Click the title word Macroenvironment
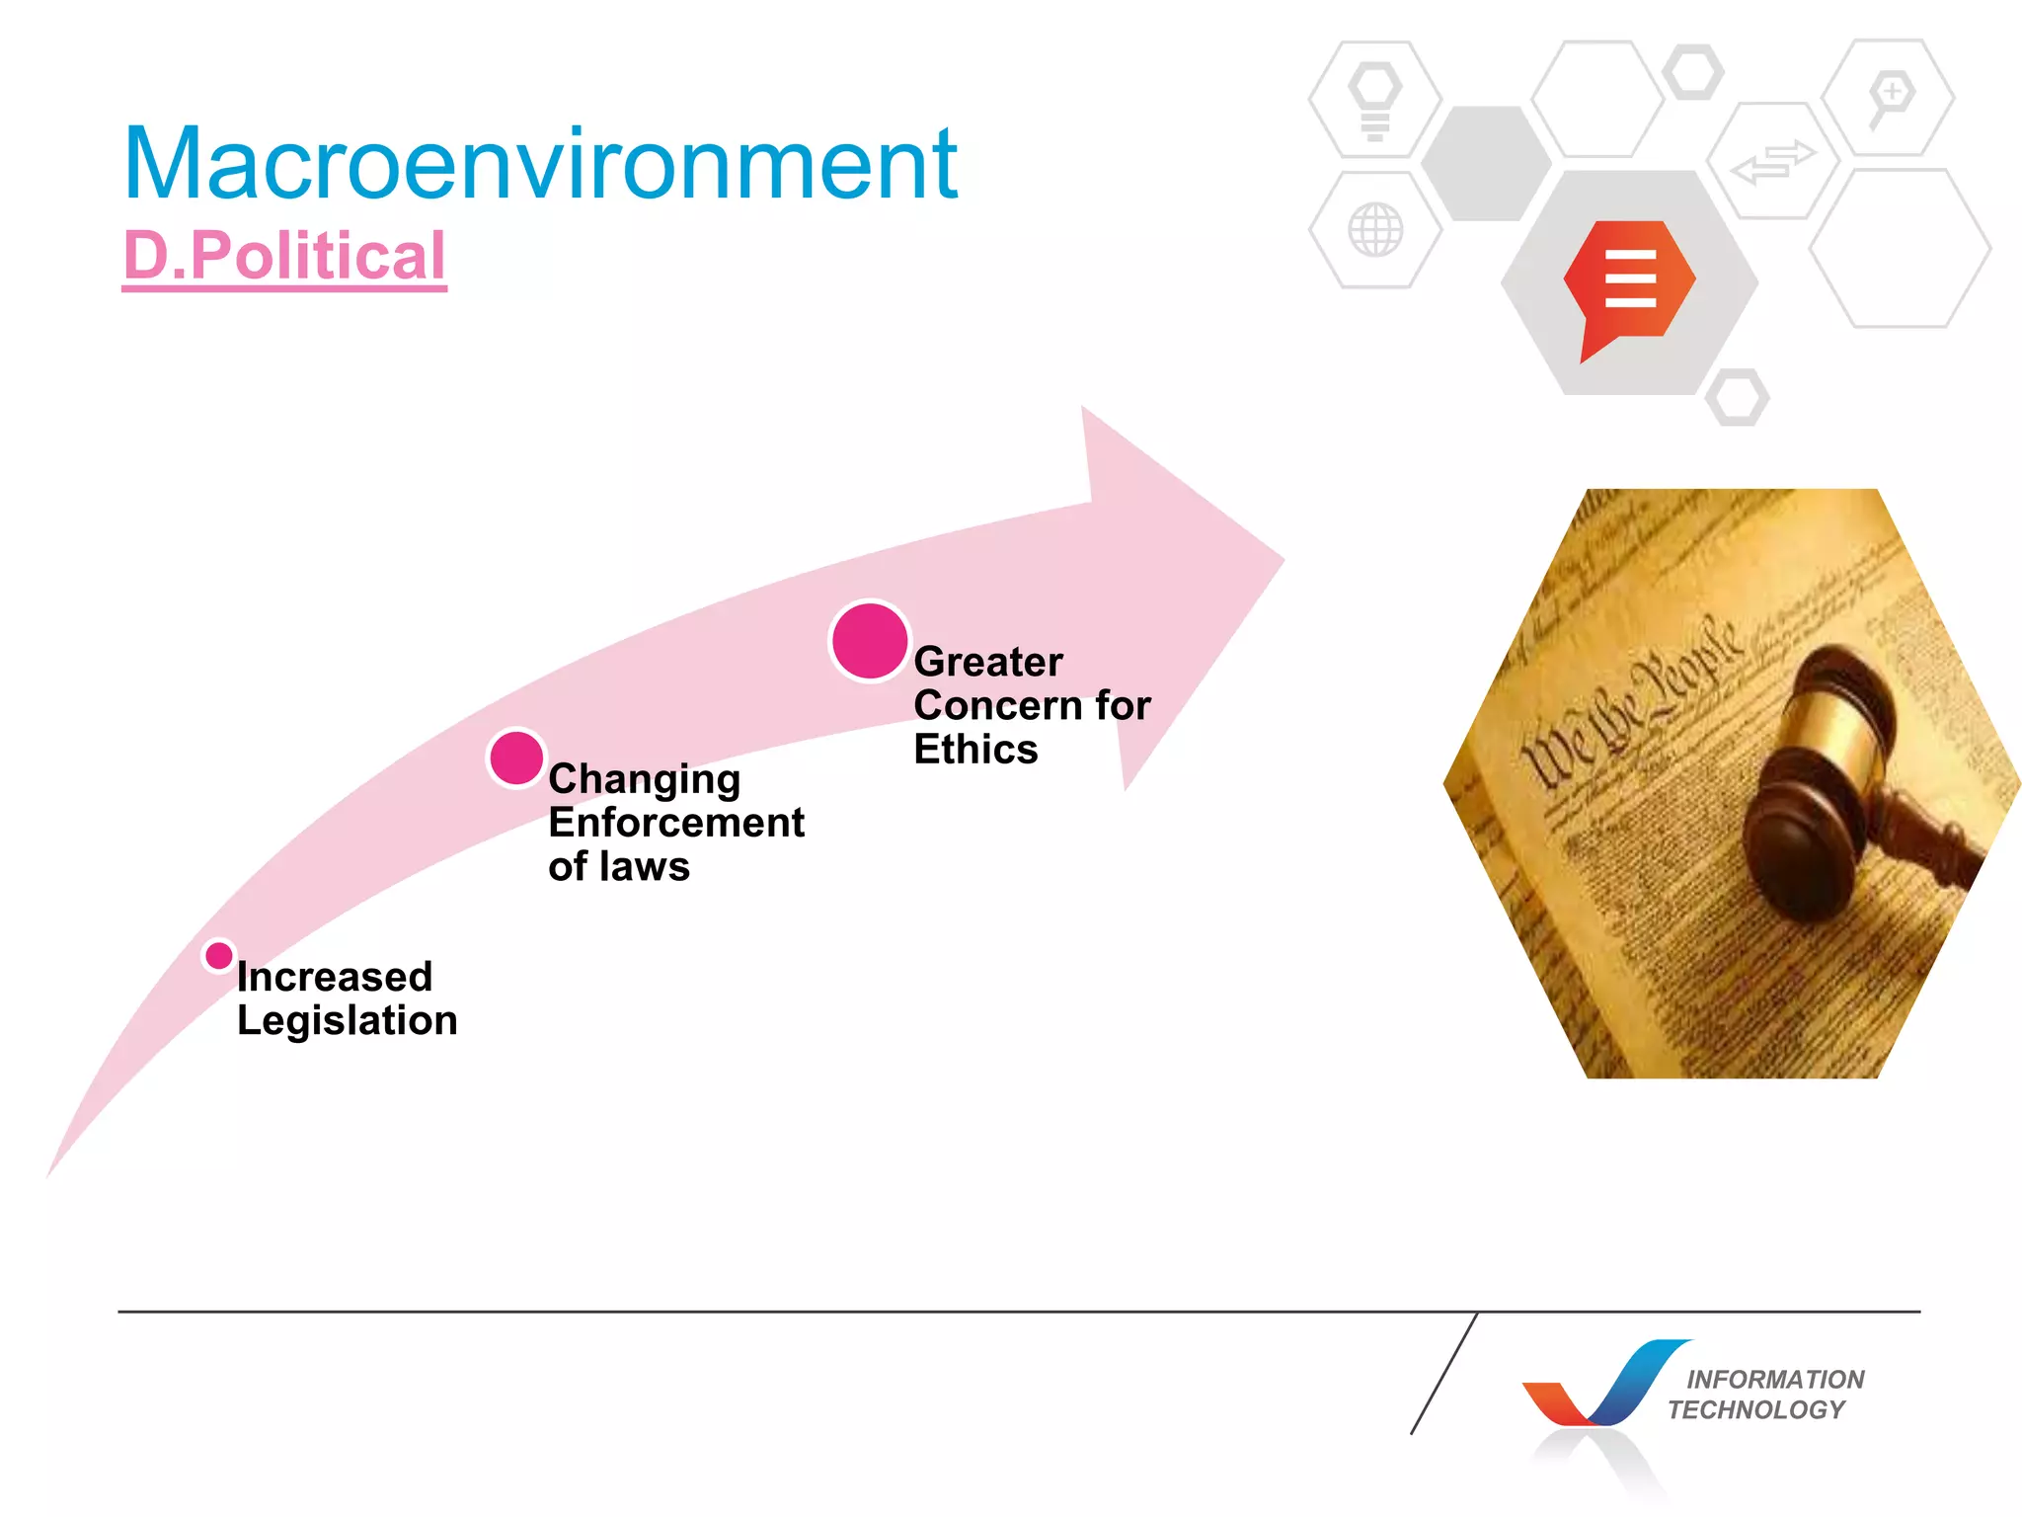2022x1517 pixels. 540,164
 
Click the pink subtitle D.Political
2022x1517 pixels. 284,256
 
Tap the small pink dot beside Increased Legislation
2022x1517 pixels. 218,956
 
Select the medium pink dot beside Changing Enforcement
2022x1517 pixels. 516,758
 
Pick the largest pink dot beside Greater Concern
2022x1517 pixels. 869,641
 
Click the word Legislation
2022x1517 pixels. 347,1021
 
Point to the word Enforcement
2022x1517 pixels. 676,823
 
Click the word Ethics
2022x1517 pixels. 975,750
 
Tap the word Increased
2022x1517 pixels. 335,977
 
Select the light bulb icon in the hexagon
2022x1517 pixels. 1374,99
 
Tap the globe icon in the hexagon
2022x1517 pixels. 1374,230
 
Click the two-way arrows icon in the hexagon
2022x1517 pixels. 1773,161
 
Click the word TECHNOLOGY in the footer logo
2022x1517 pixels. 1755,1409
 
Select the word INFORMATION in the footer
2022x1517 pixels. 1774,1379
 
